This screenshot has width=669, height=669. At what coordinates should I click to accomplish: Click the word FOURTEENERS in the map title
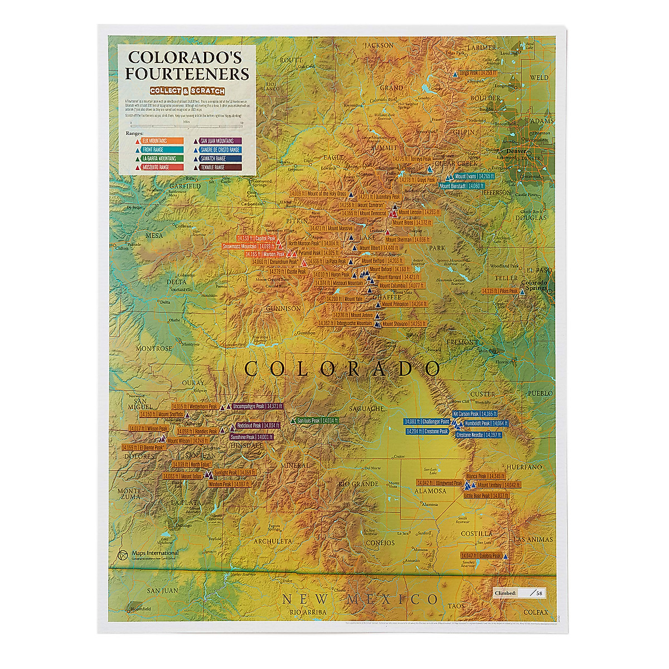tap(188, 74)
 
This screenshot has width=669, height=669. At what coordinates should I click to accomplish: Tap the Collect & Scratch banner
tap(187, 90)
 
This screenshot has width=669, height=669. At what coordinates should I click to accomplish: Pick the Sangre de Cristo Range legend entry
tap(219, 150)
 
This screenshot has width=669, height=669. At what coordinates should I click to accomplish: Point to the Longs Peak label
tap(478, 72)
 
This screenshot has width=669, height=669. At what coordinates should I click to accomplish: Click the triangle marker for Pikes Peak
tap(522, 291)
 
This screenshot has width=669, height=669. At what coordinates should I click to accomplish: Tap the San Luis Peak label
tap(317, 420)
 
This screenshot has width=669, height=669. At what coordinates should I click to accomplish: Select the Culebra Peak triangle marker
tap(505, 556)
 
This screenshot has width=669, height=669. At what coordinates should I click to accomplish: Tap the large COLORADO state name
tap(342, 368)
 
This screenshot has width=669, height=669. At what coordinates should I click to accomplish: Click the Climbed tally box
tap(518, 593)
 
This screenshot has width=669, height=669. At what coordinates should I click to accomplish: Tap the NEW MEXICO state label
tap(360, 600)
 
